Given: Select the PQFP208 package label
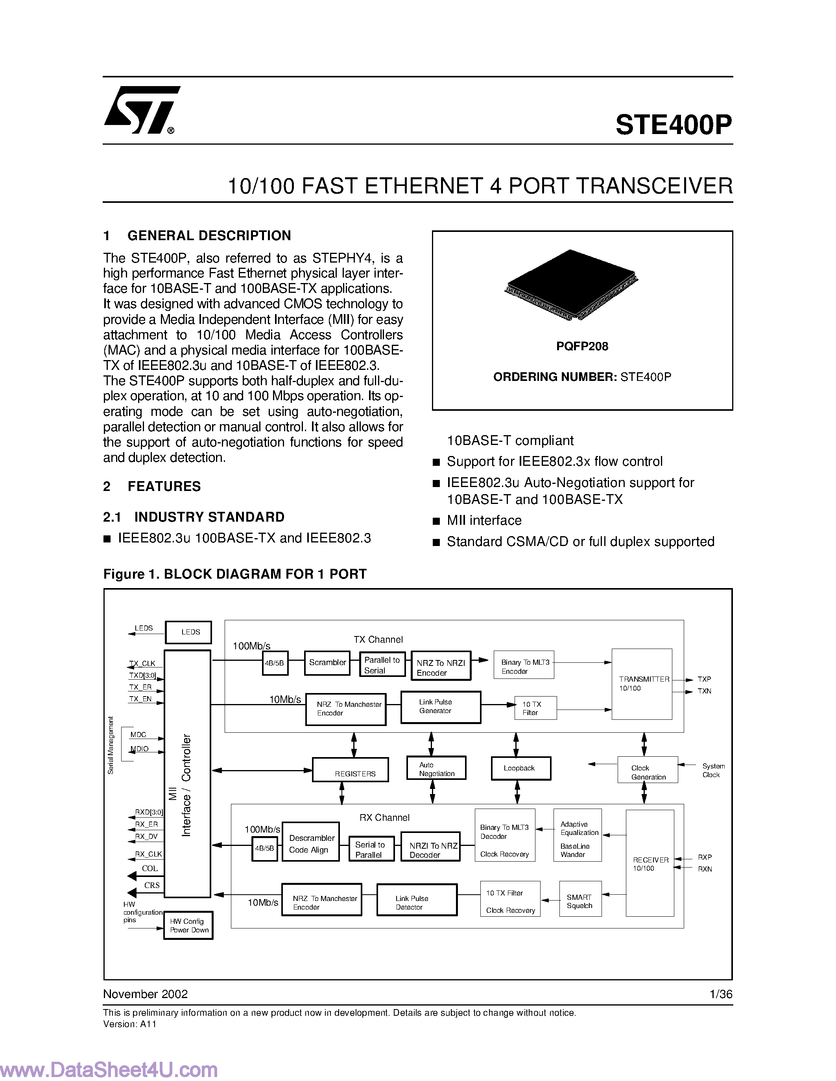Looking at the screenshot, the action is point(582,346).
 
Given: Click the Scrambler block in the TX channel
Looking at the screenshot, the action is point(327,663).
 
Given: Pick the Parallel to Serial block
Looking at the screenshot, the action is point(382,665).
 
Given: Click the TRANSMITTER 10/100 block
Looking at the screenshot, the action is point(642,684).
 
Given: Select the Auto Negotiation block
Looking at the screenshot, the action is point(436,768).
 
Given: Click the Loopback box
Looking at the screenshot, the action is point(520,768).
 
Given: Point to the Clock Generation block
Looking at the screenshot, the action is point(647,770).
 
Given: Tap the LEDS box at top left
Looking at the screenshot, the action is point(188,632).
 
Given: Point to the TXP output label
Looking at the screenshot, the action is point(704,679).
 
